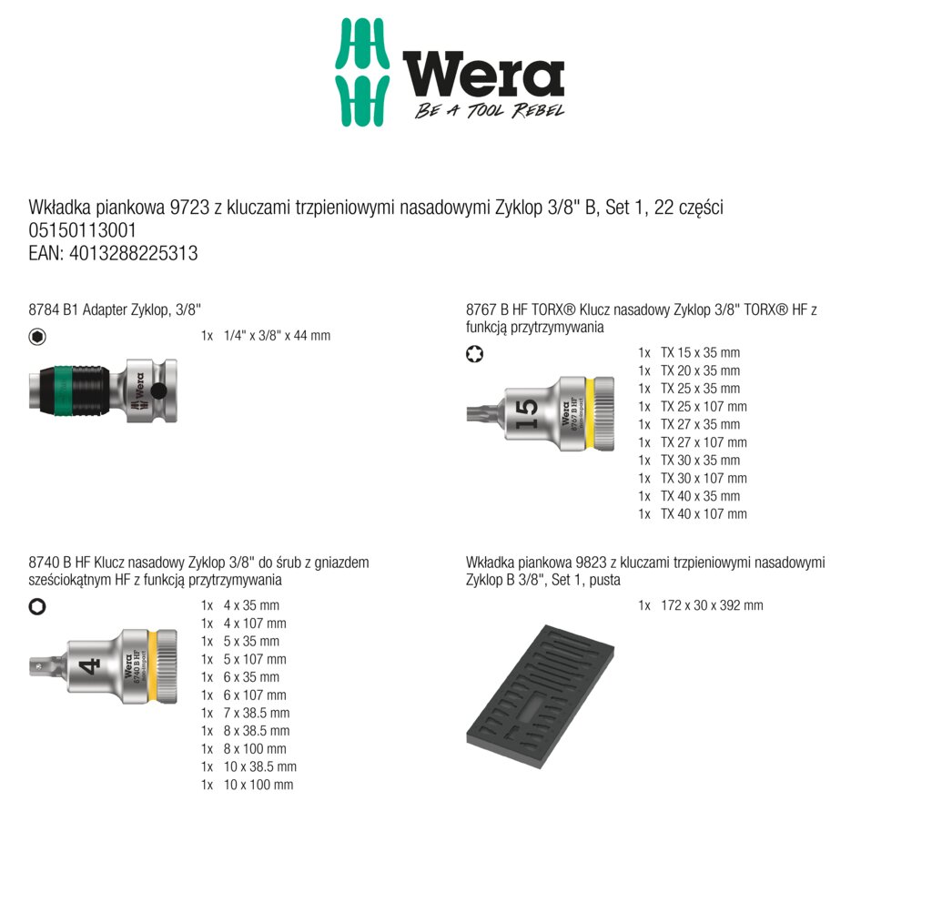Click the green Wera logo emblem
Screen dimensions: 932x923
click(362, 72)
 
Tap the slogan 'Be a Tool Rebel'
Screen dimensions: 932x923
click(489, 110)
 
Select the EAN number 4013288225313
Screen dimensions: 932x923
click(133, 253)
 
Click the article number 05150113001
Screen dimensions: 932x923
click(83, 230)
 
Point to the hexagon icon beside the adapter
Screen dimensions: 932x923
click(37, 337)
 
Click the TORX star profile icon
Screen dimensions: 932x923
click(474, 354)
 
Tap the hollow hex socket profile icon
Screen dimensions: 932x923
click(37, 607)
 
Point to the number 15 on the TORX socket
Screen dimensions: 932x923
click(527, 414)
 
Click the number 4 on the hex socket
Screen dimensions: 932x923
click(89, 666)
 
